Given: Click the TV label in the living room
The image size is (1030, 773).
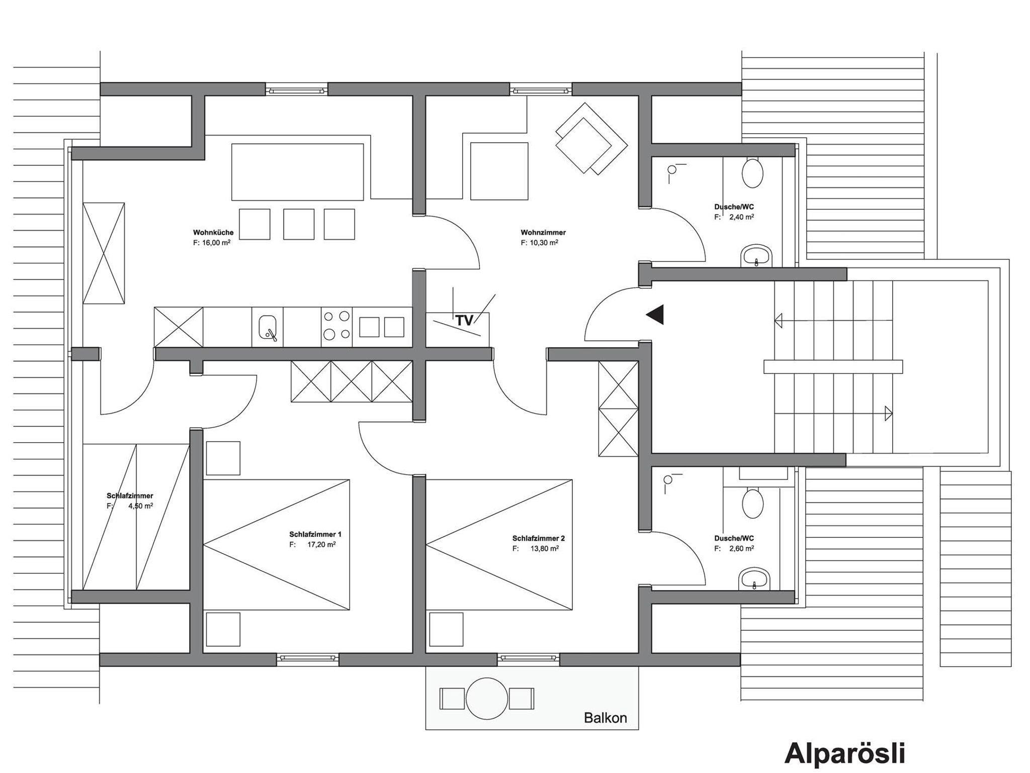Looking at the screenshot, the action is click(464, 321).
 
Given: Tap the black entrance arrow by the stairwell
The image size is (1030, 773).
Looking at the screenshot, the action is click(655, 315).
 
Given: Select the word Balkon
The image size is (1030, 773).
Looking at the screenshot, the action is click(606, 718).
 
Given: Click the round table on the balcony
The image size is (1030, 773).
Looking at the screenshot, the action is click(487, 699).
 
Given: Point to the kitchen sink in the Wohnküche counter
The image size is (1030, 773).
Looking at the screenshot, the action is click(268, 328).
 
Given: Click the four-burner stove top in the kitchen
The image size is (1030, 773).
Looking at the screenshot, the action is click(336, 327).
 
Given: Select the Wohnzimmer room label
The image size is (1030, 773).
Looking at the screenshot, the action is click(543, 233).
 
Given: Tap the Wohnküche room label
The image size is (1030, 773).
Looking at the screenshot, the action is click(213, 233).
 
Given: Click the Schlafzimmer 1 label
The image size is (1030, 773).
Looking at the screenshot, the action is click(315, 534).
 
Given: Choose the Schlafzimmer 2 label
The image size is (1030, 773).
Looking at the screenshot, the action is click(539, 538).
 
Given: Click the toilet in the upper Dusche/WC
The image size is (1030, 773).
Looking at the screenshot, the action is click(752, 173).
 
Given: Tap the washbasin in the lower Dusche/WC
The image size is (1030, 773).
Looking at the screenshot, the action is click(755, 579).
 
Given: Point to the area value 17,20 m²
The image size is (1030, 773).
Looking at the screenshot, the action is click(321, 544).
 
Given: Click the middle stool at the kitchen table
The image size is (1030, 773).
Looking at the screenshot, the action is click(299, 224).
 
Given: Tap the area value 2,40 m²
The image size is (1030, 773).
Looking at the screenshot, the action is click(741, 217).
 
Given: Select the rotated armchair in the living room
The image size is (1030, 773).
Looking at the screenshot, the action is click(591, 139).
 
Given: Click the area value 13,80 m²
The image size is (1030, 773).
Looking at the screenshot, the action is click(545, 548).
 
